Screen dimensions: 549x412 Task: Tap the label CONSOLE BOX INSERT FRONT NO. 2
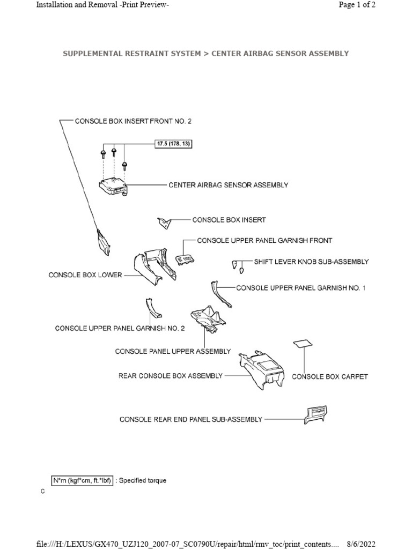coord(133,121)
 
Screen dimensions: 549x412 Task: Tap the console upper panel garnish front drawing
coord(185,260)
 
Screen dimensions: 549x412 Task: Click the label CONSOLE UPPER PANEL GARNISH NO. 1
coord(300,288)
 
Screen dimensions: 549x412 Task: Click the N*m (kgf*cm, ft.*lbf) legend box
coord(82,480)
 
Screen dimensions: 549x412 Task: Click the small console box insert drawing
coord(163,221)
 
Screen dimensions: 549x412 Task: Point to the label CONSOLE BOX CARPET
coord(329,376)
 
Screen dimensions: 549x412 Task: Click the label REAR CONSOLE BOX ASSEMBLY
coord(170,376)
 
